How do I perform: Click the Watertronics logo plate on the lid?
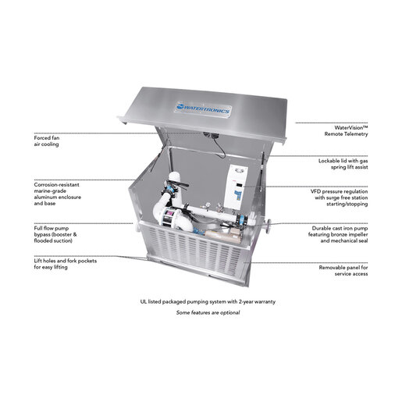(204, 109)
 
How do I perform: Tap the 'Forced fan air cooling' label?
(47, 141)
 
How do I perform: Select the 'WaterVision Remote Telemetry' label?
(346, 131)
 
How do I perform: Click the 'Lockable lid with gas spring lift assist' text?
(343, 164)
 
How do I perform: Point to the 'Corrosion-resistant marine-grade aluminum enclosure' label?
(58, 194)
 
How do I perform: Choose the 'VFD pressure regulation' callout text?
(340, 197)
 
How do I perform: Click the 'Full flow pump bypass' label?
(55, 234)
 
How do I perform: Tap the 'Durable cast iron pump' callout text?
(338, 234)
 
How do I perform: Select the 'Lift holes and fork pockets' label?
(66, 264)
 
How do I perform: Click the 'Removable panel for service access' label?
(343, 271)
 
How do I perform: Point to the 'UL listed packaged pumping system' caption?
(208, 302)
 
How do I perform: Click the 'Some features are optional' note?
(208, 312)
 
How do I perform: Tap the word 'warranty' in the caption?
(265, 302)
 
